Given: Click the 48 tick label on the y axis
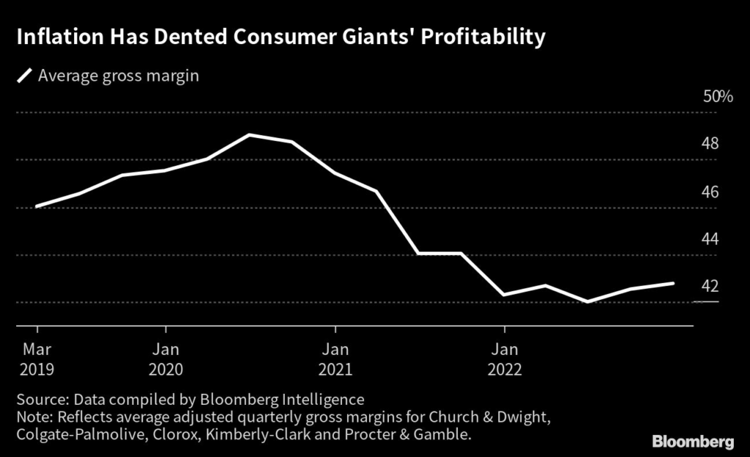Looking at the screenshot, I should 709,144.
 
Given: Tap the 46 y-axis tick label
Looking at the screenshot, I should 709,192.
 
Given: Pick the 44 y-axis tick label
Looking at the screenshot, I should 709,240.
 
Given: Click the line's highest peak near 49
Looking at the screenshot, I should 250,135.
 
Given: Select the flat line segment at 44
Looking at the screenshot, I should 439,254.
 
